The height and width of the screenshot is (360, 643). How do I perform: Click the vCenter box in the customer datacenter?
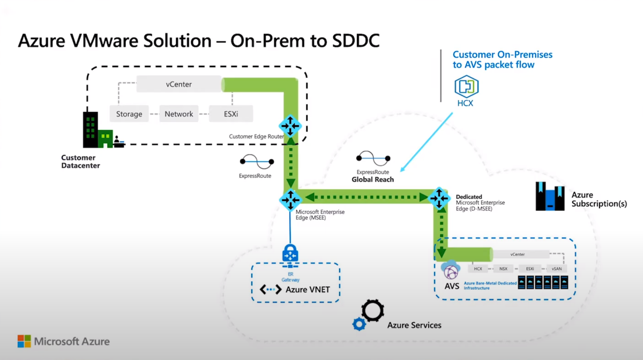coord(178,85)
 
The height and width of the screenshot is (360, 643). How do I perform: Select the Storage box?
coord(129,114)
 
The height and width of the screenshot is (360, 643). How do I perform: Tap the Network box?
coord(178,114)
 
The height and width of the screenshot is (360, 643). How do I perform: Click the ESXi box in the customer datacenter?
coord(230,114)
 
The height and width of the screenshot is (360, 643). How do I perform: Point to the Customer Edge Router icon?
coord(290,126)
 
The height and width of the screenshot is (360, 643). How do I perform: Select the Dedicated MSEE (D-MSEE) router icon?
coord(439,198)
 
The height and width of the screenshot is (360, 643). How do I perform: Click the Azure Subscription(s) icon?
coord(549,196)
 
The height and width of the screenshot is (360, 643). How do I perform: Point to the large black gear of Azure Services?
coord(372,310)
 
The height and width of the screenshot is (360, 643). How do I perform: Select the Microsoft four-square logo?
coord(24,341)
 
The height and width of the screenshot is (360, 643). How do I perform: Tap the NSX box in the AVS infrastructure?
coord(503,269)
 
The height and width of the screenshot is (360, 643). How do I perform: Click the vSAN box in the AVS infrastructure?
coord(557,269)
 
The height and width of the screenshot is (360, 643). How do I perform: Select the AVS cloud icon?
coord(451,268)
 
